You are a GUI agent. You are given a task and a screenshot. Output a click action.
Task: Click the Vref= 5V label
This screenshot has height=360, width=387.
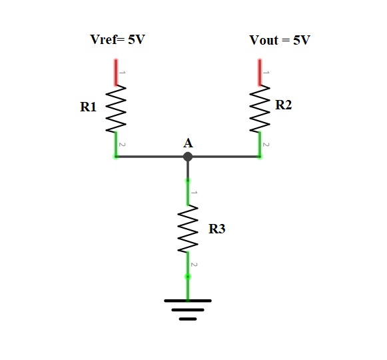[117, 39]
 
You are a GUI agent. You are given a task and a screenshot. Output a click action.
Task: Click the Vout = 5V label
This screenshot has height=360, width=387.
[280, 40]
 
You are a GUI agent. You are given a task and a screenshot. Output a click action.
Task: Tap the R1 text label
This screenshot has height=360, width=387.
[88, 107]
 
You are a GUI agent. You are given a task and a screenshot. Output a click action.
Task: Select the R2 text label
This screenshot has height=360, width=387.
[283, 105]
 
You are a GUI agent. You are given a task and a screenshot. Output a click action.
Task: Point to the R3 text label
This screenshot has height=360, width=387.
[217, 229]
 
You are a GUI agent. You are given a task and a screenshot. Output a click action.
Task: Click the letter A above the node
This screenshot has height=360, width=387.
[188, 143]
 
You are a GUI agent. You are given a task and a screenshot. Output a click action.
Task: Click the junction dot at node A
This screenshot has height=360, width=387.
[188, 157]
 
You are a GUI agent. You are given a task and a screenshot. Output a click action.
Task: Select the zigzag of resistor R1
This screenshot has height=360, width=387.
[116, 109]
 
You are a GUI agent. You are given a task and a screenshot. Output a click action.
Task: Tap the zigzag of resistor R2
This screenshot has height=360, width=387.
[260, 109]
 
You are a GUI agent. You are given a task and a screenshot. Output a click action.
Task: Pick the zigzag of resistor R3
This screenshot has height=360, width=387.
[188, 229]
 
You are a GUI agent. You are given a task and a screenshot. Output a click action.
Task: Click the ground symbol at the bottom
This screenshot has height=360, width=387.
[188, 310]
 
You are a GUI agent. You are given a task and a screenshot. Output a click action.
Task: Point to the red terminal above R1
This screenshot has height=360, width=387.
[116, 73]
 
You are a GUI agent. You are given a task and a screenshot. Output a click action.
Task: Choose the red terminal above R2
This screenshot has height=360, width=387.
[260, 73]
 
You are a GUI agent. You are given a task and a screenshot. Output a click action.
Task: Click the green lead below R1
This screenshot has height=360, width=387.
[116, 145]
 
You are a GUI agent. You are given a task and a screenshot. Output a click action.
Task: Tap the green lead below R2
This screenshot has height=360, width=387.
[260, 145]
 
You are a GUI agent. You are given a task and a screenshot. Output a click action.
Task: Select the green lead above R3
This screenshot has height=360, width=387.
[188, 193]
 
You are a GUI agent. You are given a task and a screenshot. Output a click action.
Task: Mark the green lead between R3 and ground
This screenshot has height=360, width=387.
[188, 276]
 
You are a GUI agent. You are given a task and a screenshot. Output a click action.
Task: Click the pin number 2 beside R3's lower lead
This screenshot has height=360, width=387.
[194, 265]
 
